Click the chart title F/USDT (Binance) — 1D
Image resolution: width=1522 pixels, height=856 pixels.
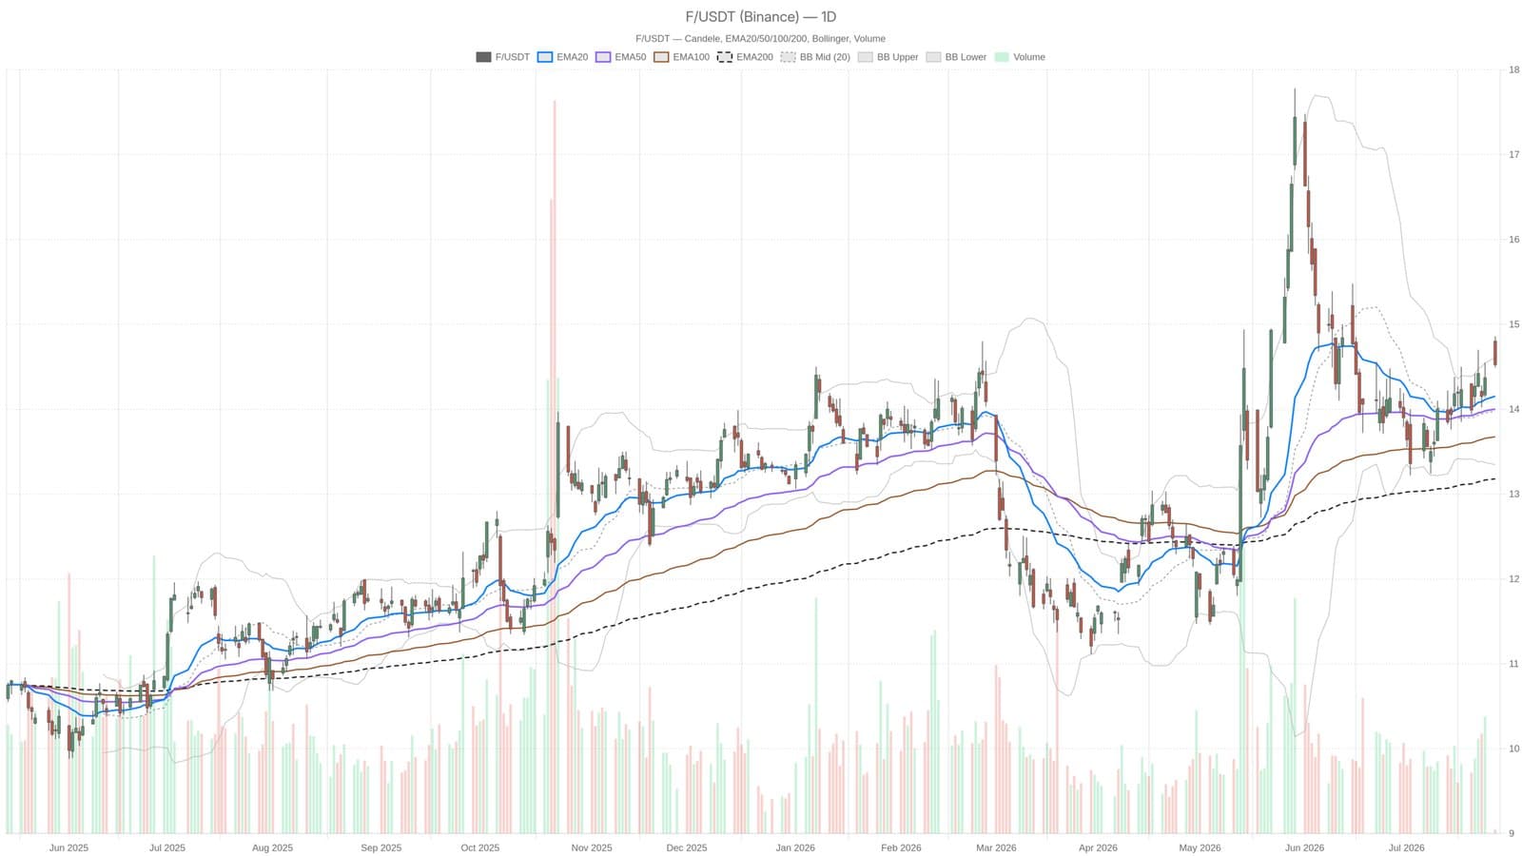coord(760,16)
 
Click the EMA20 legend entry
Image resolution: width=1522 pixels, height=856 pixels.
coord(562,57)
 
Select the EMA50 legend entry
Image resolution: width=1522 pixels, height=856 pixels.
coord(621,57)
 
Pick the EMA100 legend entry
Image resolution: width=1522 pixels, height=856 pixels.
coord(681,57)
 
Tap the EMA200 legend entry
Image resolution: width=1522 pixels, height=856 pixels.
coord(746,57)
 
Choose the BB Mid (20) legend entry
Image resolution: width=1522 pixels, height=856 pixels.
coord(815,57)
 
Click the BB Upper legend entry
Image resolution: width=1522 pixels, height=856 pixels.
coord(888,57)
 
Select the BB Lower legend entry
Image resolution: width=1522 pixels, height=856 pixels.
coord(956,57)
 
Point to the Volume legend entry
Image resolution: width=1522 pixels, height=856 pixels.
coord(1020,57)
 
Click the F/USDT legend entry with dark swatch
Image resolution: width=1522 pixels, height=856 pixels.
coord(503,57)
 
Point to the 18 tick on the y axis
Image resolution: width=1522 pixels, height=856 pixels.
coord(1509,69)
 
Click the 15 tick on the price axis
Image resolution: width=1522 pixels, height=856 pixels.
coord(1509,324)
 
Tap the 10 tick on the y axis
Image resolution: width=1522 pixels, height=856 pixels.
coord(1509,749)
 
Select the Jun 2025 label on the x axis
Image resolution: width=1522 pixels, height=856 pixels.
coord(68,847)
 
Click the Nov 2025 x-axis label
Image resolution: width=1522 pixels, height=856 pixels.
coord(591,847)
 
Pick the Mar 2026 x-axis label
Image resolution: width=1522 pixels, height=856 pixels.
coord(996,847)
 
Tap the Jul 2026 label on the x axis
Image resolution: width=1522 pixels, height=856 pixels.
coord(1407,847)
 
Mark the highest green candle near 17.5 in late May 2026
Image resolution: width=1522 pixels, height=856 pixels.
coord(1295,141)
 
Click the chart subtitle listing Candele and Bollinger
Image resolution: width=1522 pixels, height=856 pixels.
coord(760,39)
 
